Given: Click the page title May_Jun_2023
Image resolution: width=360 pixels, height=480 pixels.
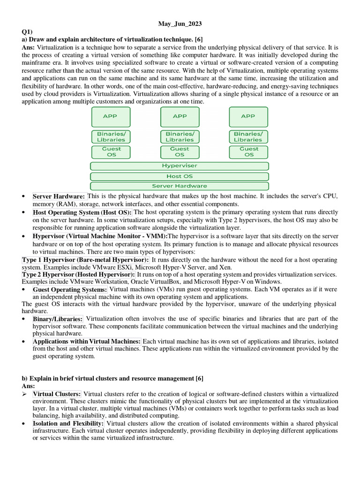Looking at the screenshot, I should click(x=180, y=23).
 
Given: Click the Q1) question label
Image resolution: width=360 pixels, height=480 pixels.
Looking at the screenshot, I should click(x=28, y=31).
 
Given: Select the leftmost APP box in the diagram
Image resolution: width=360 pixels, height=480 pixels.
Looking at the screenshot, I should click(x=111, y=117).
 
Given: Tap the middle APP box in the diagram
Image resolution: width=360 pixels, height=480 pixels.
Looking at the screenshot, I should click(x=180, y=117).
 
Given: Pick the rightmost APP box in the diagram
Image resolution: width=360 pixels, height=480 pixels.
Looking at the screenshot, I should click(x=248, y=117).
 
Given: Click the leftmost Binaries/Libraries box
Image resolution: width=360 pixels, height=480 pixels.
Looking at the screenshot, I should click(x=111, y=137).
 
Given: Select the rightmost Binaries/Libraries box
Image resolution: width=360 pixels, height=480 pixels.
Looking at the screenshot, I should click(x=248, y=137).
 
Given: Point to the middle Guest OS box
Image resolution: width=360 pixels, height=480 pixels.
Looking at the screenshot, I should click(x=180, y=152).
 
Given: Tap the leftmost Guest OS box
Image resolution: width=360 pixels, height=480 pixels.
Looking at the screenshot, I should click(x=111, y=152).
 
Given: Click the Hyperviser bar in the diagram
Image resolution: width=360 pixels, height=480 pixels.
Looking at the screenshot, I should click(x=180, y=166).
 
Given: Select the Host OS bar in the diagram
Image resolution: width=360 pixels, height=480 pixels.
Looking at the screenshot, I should click(x=180, y=176).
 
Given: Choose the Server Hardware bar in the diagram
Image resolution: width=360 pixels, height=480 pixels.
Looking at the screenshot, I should click(x=180, y=186).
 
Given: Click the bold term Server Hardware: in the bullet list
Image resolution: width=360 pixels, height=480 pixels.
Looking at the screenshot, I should click(x=59, y=196).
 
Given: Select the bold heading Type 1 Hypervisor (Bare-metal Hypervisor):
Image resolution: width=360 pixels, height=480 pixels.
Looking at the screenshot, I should click(x=85, y=259).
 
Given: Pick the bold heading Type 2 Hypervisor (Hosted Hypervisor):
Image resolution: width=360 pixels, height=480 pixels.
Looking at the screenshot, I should click(x=78, y=274).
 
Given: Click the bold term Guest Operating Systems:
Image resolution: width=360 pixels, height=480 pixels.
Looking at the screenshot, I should click(x=70, y=290).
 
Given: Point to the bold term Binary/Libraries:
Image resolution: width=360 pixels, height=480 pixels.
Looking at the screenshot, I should click(x=58, y=319).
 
